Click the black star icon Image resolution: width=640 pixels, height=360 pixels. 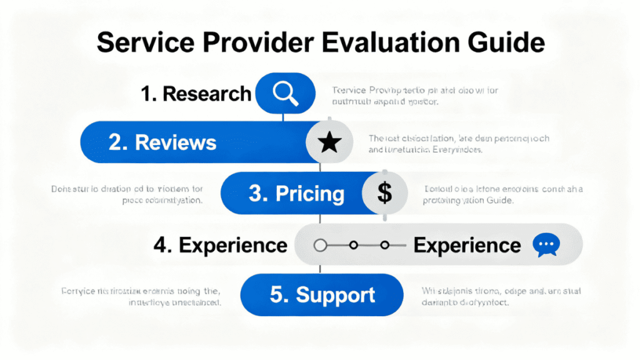[329, 143]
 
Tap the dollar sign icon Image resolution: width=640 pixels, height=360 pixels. [384, 193]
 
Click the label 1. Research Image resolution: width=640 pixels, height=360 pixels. [196, 94]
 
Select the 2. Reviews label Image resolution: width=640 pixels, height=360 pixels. [162, 142]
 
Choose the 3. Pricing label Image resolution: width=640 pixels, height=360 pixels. [296, 193]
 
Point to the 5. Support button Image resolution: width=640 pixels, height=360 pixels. [322, 294]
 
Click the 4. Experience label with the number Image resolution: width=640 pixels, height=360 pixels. [220, 245]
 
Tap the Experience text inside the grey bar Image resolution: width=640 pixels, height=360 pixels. [467, 245]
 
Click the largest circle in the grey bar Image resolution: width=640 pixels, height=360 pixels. [321, 245]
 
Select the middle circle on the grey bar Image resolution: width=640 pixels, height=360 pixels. [353, 245]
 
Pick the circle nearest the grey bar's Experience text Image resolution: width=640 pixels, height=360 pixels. [385, 245]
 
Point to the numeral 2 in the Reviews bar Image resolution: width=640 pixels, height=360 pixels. [116, 142]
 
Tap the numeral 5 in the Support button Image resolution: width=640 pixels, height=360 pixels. [276, 294]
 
